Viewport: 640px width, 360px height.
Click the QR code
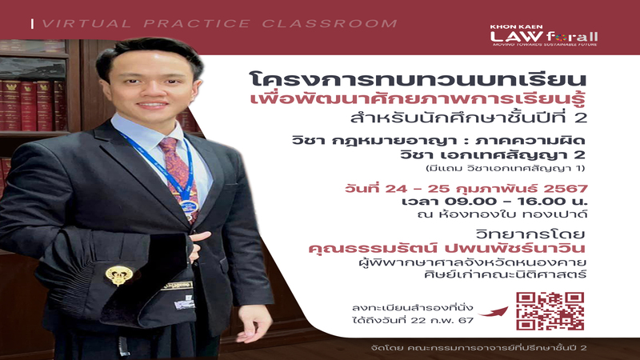coord(550,311)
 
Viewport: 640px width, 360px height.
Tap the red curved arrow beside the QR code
coord(494,312)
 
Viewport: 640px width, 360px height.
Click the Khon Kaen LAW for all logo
coord(544,35)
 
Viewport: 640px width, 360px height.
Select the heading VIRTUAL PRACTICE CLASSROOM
coord(219,24)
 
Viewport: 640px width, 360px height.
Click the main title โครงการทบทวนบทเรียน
coord(418,79)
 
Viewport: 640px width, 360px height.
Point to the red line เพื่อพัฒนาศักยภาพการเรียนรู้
coord(418,100)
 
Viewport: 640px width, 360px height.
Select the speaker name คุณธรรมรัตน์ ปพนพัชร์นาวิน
coord(447,248)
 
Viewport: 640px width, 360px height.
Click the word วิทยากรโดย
coord(530,234)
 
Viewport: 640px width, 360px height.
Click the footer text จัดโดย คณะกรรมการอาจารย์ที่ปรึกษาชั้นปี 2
coord(478,348)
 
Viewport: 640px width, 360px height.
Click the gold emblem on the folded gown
coord(118,275)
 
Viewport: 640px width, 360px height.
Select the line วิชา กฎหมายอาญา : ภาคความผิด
coord(438,141)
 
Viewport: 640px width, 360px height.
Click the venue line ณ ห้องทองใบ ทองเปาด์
coord(502,214)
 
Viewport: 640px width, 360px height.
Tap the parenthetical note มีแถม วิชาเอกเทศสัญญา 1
coord(505,168)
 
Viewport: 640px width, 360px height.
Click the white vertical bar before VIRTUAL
coord(32,24)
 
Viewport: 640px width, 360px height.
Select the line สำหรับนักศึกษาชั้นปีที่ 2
coord(469,118)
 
